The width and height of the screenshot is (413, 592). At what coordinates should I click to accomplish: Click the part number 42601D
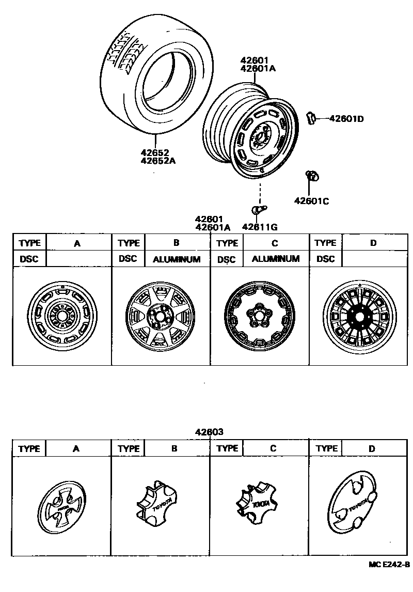pos(346,119)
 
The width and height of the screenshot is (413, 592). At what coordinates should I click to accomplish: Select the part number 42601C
pos(311,201)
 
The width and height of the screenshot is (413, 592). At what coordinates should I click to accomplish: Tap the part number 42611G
pos(260,226)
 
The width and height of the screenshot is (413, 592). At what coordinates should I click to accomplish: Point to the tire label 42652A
pos(158,160)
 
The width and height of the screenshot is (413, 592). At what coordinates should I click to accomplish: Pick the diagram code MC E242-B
pos(389,564)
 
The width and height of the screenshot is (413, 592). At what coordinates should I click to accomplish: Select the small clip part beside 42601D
pos(311,118)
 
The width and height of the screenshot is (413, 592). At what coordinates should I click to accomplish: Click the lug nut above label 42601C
pos(311,176)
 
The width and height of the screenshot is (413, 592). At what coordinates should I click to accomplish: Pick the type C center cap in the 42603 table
pos(256,501)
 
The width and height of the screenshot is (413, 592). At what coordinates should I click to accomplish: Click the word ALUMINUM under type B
pos(177,259)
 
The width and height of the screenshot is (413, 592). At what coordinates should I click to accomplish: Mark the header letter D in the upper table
pos(373,243)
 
